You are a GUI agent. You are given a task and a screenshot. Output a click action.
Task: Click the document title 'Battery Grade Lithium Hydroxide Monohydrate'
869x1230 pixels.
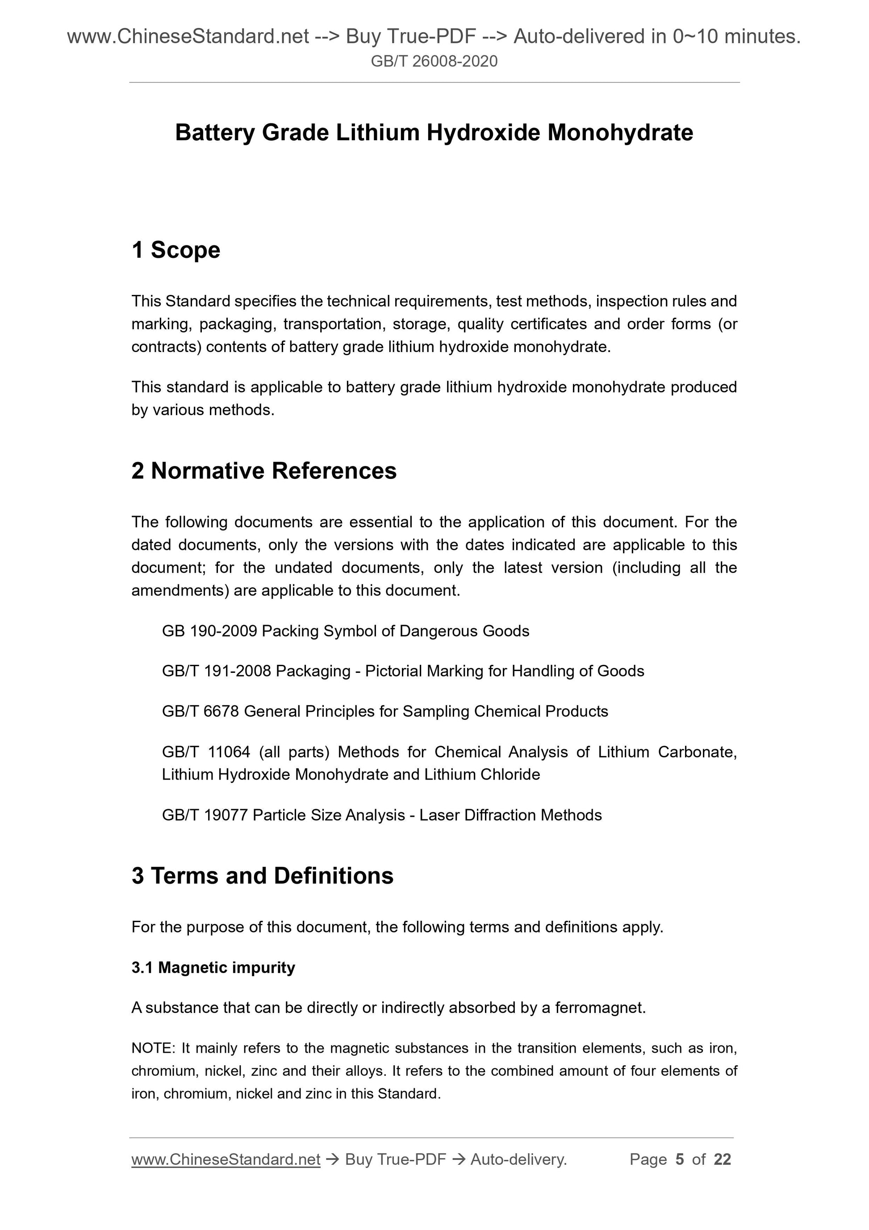[434, 133]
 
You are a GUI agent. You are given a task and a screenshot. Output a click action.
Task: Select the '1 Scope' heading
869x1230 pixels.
[175, 250]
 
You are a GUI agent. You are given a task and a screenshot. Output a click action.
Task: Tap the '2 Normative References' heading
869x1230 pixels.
[264, 471]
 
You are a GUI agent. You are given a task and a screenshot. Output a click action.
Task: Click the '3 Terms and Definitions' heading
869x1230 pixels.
[263, 876]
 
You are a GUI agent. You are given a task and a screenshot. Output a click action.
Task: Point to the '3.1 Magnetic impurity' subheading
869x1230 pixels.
[213, 967]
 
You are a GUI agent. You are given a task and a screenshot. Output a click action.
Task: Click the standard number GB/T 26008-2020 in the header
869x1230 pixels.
[434, 62]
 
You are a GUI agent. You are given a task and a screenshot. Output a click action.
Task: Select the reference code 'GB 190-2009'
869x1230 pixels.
[209, 631]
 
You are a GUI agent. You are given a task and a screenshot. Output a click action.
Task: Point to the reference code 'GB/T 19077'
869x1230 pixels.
[205, 815]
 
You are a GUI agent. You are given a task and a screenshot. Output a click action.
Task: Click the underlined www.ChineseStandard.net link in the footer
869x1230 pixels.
[226, 1159]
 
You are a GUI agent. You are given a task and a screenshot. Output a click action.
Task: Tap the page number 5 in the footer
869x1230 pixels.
[680, 1159]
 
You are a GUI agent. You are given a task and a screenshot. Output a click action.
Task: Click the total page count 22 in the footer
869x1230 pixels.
[722, 1159]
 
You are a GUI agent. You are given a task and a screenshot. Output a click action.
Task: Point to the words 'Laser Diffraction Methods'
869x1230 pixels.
[510, 815]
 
